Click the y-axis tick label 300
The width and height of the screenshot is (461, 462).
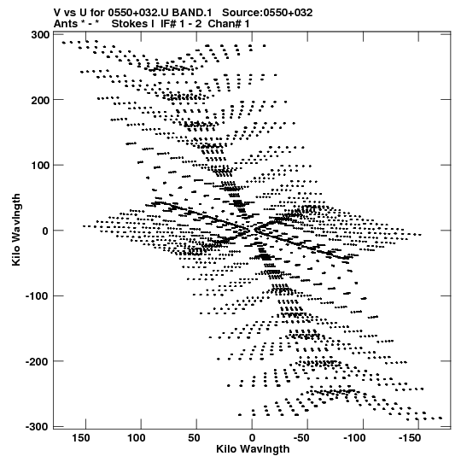click(x=40, y=35)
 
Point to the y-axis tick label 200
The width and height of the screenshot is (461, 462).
click(x=40, y=100)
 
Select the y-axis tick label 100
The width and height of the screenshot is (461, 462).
click(x=40, y=166)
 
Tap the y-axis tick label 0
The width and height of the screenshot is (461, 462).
click(x=45, y=231)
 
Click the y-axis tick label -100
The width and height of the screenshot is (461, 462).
click(x=37, y=296)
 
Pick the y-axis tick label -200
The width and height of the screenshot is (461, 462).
click(x=37, y=361)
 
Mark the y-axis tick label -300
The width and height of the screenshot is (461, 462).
click(x=37, y=427)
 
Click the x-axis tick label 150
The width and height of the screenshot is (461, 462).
click(x=81, y=438)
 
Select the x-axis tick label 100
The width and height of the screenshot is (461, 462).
click(x=137, y=438)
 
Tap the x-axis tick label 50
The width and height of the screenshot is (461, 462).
click(x=195, y=438)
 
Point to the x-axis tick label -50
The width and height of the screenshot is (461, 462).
click(x=301, y=438)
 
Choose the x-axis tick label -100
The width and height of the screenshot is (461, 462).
click(x=354, y=438)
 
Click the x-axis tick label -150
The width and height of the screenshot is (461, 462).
click(x=410, y=438)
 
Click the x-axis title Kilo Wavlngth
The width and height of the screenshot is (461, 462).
click(x=253, y=449)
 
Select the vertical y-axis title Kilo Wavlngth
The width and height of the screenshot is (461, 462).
click(x=16, y=230)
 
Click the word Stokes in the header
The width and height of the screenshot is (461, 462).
click(x=129, y=24)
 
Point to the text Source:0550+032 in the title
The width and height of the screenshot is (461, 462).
click(x=267, y=13)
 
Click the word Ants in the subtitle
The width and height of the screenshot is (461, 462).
click(x=65, y=24)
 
